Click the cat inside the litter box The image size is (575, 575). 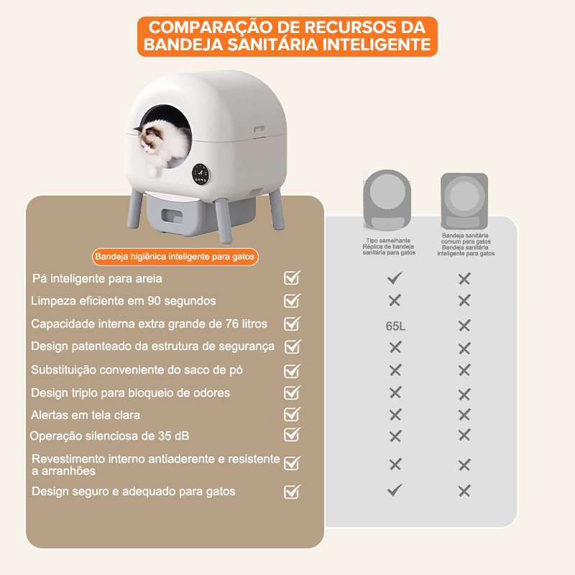point(163,145)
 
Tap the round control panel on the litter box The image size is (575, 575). point(201,173)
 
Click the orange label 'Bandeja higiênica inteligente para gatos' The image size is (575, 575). point(175,257)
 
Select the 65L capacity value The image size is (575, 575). point(395,326)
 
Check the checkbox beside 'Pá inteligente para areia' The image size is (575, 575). point(293,278)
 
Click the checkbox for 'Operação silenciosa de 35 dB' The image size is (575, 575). point(293,435)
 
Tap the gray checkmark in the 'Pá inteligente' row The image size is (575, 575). point(395,278)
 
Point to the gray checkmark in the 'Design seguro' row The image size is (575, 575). point(395,490)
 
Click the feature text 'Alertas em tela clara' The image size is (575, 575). point(86,415)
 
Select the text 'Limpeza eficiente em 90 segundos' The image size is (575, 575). point(124,300)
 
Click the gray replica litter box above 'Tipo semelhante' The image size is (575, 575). point(387,200)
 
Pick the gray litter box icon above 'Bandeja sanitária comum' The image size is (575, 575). point(464,201)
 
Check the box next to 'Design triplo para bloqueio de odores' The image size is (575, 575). point(293,392)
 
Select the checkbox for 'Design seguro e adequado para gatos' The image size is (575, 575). point(293,492)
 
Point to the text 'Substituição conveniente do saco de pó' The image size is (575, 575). point(137,369)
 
